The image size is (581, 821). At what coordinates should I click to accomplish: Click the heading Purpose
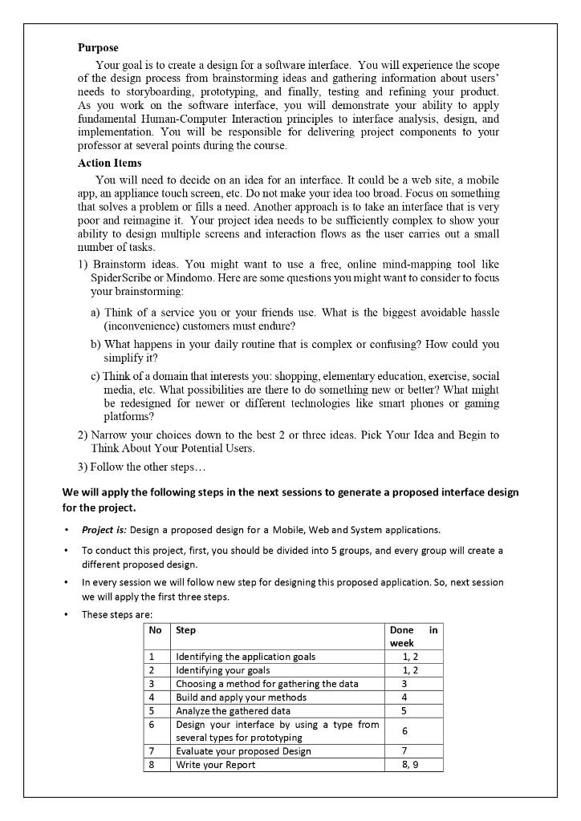(98, 48)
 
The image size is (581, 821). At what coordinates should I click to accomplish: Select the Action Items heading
(109, 163)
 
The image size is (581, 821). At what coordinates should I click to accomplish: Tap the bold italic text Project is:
(104, 530)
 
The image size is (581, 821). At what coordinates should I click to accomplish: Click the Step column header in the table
(185, 630)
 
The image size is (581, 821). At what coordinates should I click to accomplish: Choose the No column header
(155, 630)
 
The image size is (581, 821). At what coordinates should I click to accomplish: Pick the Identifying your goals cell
(222, 669)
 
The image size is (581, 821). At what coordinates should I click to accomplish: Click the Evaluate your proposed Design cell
(242, 751)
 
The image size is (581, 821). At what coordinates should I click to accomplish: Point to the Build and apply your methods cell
(241, 697)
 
